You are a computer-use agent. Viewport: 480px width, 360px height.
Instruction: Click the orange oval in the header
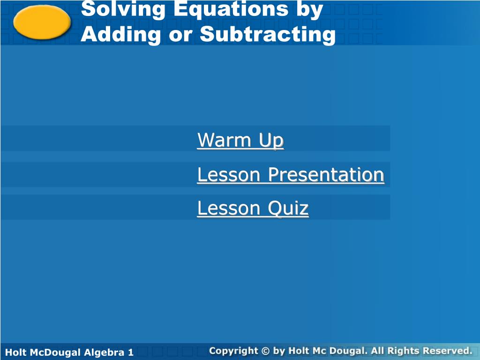pyautogui.click(x=42, y=22)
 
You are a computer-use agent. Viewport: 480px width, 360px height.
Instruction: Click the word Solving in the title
pyautogui.click(x=123, y=10)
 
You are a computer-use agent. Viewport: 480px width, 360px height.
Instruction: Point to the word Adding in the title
pyautogui.click(x=121, y=34)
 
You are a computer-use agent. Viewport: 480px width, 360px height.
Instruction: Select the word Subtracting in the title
pyautogui.click(x=268, y=34)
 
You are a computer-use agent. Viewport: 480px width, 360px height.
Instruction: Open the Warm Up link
pyautogui.click(x=240, y=141)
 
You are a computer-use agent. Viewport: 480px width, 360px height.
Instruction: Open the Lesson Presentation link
pyautogui.click(x=291, y=175)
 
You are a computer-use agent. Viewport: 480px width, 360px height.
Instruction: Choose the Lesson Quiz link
pyautogui.click(x=253, y=209)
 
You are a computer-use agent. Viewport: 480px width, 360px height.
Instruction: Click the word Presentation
pyautogui.click(x=326, y=175)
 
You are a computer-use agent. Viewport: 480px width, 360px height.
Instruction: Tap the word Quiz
pyautogui.click(x=288, y=209)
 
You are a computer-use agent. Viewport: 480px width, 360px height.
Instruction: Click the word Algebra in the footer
pyautogui.click(x=104, y=352)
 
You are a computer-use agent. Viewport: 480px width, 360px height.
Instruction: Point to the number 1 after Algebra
pyautogui.click(x=131, y=352)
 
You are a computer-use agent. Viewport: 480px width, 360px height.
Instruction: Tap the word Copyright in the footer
pyautogui.click(x=233, y=351)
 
